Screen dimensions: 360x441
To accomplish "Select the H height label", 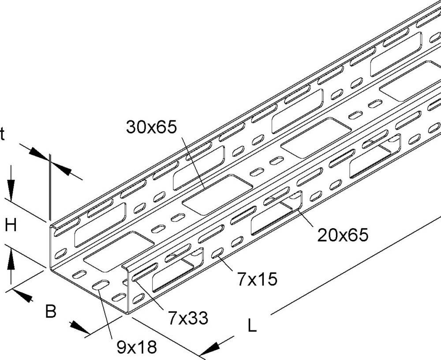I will coord(11,226).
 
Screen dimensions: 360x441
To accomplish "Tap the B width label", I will coord(51,311).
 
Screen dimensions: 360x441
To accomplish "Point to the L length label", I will coord(251,326).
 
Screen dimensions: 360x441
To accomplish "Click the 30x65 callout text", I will coord(151,127).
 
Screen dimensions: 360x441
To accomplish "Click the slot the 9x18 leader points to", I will coord(101,285).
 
